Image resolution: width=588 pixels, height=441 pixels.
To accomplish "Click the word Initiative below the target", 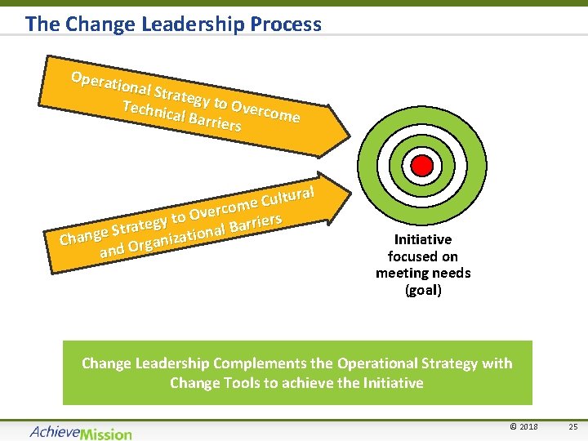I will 422,239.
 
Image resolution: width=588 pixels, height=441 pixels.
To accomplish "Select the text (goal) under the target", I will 423,290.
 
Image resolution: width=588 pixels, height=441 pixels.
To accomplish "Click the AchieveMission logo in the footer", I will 80,432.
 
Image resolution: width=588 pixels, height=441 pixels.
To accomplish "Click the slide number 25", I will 572,426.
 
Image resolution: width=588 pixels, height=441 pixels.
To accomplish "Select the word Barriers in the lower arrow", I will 256,223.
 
